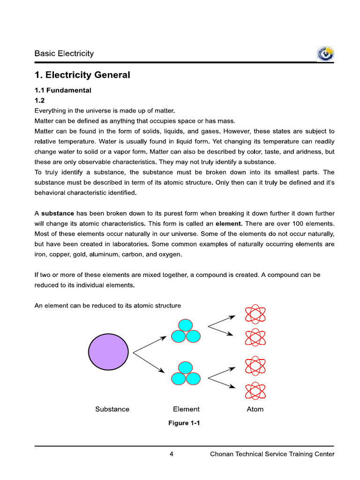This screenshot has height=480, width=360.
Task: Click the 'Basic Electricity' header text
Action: coord(64,53)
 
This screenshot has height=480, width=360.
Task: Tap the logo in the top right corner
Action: coord(325,54)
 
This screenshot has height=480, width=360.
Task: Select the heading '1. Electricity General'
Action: coord(82,75)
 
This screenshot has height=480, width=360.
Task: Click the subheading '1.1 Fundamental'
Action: coord(62,90)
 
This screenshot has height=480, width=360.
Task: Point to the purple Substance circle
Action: coord(108,352)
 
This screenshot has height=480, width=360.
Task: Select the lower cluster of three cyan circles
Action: coord(186,374)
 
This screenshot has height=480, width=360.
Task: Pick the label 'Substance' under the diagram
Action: coord(112,409)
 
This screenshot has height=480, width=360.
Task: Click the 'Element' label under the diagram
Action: coord(186,409)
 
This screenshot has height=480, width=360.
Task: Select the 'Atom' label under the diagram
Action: coord(255,409)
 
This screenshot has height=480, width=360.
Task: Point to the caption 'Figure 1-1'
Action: coord(184,423)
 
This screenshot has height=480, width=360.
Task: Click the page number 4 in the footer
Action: coord(172,454)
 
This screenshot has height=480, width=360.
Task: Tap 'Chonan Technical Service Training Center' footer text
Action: coord(272,454)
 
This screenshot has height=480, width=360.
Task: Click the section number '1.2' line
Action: coord(39,100)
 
